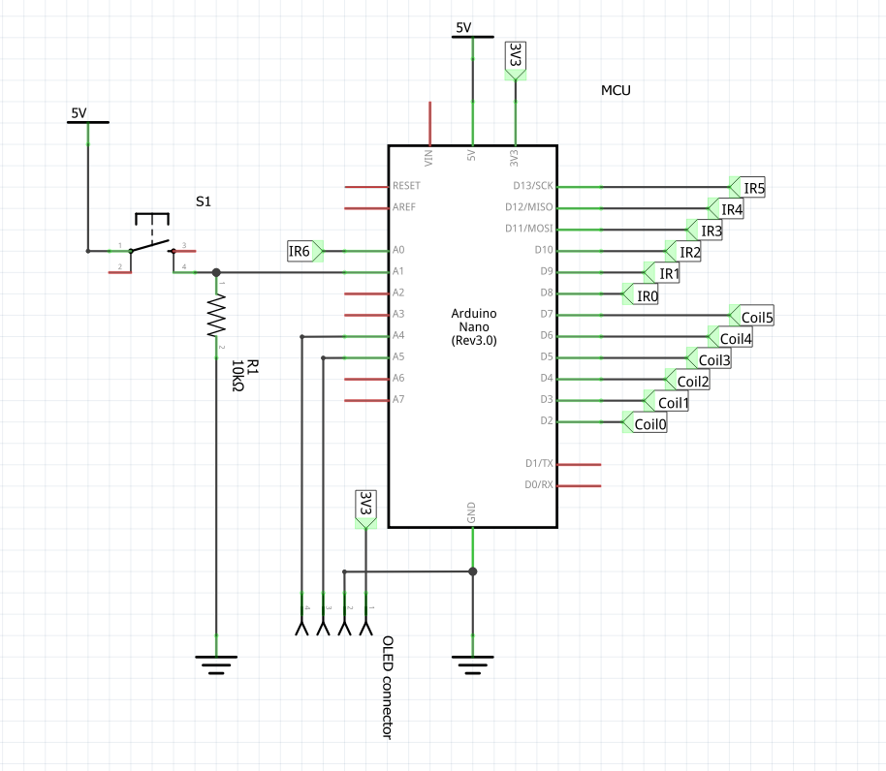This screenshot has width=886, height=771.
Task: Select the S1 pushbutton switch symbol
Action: (151, 238)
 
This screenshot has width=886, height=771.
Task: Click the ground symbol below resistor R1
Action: (215, 663)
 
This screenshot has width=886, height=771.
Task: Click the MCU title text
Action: (616, 91)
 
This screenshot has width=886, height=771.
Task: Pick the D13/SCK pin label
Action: (530, 186)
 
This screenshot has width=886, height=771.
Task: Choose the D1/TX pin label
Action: (538, 464)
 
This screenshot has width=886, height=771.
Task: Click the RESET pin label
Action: (407, 186)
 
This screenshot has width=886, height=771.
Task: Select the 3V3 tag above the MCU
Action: (515, 58)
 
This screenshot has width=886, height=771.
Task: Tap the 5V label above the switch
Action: (79, 113)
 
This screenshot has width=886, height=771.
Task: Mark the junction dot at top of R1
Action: (215, 272)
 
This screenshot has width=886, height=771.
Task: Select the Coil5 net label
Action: (754, 316)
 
